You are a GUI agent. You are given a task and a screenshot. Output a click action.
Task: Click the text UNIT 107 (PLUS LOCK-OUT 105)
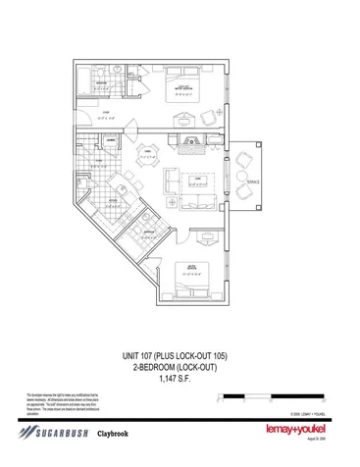pyautogui.click(x=180, y=355)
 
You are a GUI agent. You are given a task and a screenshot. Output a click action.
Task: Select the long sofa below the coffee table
pyautogui.click(x=194, y=201)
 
